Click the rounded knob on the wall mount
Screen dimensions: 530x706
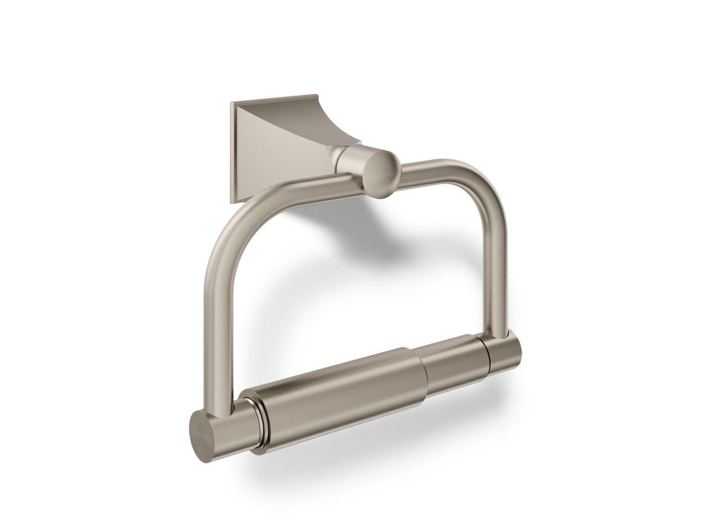[381, 173]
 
